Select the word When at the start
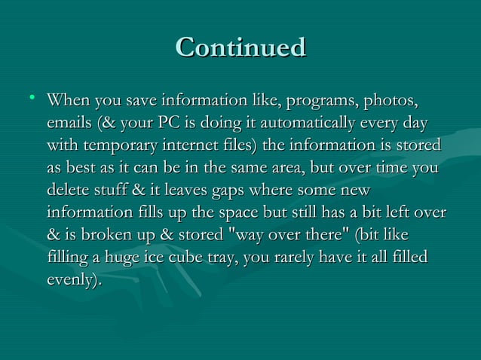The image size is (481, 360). tap(67, 100)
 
